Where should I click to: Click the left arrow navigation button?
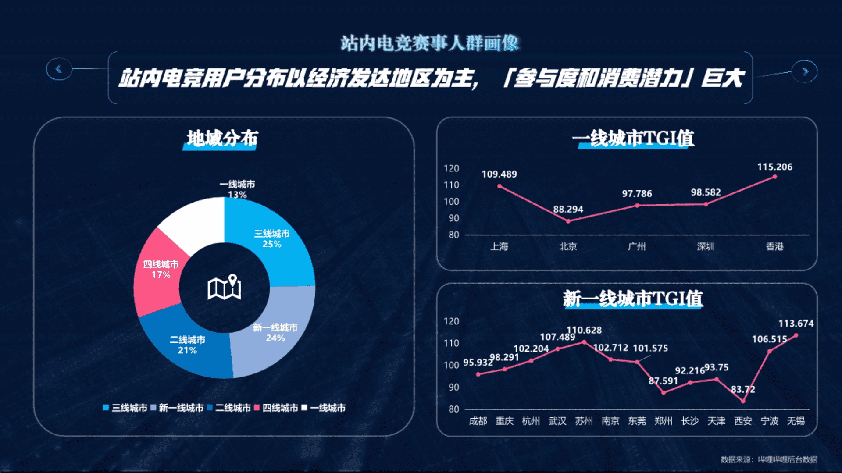(x=59, y=69)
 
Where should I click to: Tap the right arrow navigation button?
(x=805, y=71)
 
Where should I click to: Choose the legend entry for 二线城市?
(x=228, y=408)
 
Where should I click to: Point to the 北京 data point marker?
(x=568, y=221)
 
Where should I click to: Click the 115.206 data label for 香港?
(x=774, y=167)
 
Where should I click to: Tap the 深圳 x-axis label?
(x=706, y=246)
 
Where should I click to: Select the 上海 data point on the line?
(x=499, y=186)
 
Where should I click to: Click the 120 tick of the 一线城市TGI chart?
(x=451, y=168)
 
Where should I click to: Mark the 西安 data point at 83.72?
(x=743, y=401)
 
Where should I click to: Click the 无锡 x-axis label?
(x=796, y=421)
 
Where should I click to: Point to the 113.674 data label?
(x=796, y=324)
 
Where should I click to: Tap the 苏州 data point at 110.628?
(x=584, y=342)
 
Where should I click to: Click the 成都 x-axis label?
(x=478, y=421)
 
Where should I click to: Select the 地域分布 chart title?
(x=222, y=139)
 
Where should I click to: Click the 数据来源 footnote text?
(x=769, y=459)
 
